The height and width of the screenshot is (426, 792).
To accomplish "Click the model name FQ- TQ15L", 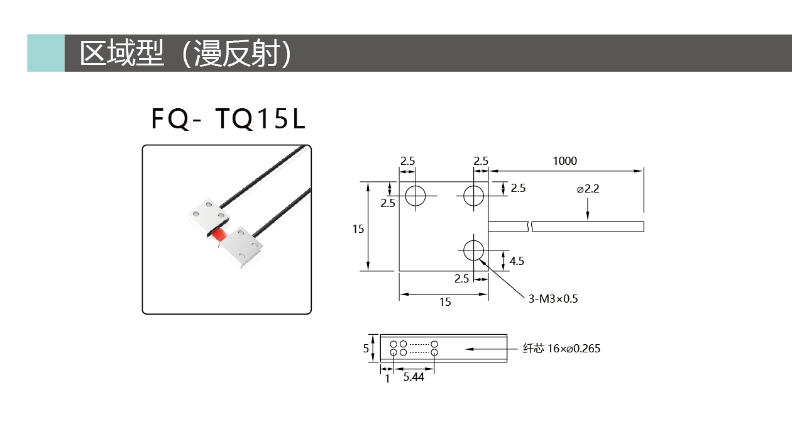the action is [x=228, y=119].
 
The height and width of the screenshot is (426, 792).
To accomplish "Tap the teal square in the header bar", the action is [x=46, y=53].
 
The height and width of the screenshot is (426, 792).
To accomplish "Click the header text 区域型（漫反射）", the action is [x=185, y=53].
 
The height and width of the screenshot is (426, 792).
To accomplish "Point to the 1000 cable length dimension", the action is [x=564, y=161].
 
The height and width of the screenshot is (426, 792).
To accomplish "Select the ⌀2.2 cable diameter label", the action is [x=588, y=189].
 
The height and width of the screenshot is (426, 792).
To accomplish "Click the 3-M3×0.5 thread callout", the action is [x=553, y=299].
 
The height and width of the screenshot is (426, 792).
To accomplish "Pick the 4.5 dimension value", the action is [x=517, y=261].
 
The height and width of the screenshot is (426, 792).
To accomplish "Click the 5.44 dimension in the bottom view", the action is [x=414, y=377].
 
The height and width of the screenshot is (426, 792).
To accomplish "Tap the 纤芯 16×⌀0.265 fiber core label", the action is [x=561, y=349].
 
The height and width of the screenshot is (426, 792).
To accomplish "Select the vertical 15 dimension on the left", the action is [x=358, y=229].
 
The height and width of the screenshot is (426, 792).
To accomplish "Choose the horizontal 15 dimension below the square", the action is [x=445, y=302].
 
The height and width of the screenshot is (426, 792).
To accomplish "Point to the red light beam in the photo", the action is [x=219, y=235].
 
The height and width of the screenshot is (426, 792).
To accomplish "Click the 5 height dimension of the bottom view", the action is [x=366, y=349].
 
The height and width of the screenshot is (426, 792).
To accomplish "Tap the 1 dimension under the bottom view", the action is [x=387, y=379].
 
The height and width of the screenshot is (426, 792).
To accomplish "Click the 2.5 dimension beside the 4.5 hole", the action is [x=462, y=279].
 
